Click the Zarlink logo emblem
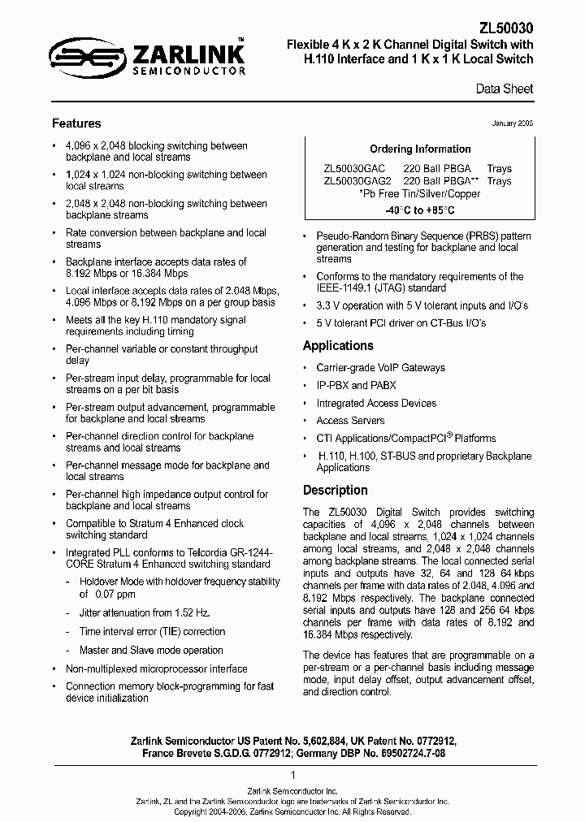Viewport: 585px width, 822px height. click(80, 55)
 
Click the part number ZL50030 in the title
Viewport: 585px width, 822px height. click(505, 27)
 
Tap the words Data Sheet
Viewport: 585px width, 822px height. click(506, 89)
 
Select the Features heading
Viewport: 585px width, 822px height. click(76, 123)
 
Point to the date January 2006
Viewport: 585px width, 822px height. click(513, 123)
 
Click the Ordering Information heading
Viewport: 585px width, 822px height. click(420, 149)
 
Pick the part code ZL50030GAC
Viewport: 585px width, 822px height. click(354, 168)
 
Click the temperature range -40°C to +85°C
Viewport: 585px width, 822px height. click(420, 210)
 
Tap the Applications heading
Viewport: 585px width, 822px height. click(338, 346)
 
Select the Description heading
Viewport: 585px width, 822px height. click(335, 491)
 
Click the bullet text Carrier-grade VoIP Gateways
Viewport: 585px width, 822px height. click(380, 367)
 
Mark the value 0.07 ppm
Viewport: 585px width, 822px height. click(95, 595)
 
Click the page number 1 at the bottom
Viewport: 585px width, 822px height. click(292, 776)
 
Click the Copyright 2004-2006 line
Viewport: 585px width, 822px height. click(292, 811)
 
